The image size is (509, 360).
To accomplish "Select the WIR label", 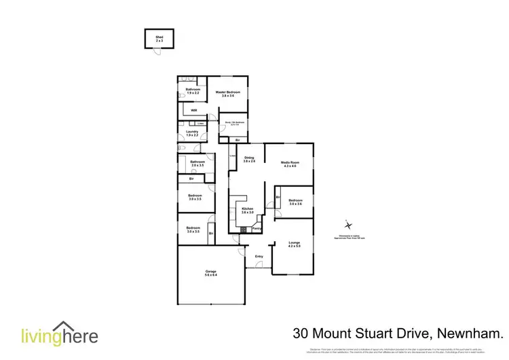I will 193,109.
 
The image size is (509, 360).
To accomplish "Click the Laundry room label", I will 192,132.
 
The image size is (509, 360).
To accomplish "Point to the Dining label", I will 249,158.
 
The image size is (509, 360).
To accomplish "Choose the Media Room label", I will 291,162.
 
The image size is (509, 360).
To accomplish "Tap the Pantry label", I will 257,229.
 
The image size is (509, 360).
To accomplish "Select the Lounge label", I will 294,242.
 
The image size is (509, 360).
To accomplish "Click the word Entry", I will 259,256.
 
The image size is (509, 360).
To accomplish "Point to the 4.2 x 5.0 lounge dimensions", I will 294,247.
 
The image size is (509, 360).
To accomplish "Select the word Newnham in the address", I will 471,334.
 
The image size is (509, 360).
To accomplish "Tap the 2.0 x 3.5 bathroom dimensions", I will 197,165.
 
